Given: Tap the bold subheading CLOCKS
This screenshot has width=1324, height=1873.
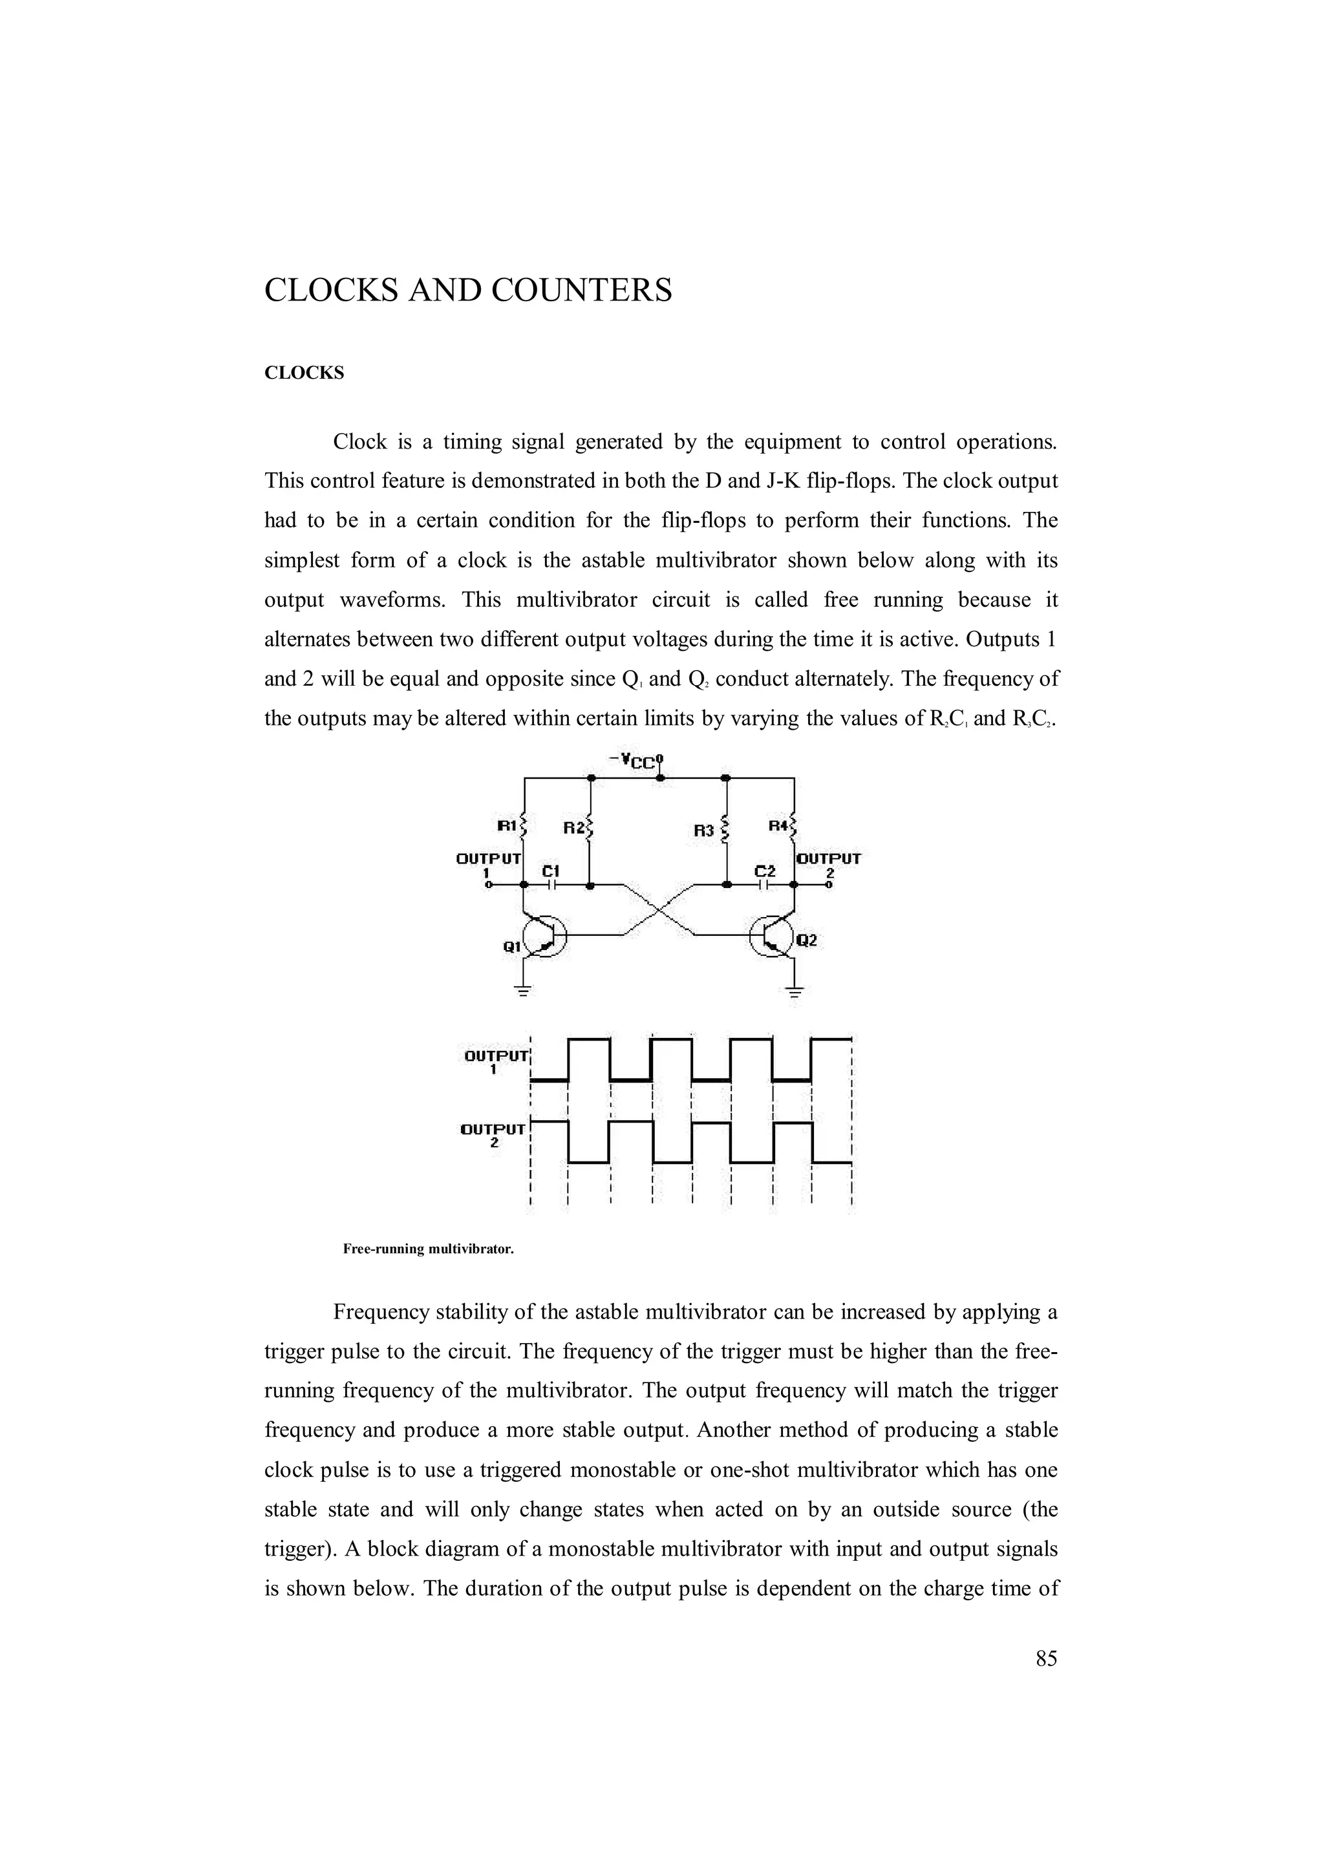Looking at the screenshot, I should click(x=304, y=374).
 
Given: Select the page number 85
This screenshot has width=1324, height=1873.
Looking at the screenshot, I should click(x=1046, y=1658).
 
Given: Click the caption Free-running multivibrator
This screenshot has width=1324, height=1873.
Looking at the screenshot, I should click(x=428, y=1249).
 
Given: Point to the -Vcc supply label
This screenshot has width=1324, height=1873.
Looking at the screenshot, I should click(x=634, y=762).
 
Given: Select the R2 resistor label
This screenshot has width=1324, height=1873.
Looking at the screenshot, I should click(x=574, y=828).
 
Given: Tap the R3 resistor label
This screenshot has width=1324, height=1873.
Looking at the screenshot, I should click(x=704, y=831).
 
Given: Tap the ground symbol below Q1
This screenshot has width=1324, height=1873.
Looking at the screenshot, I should click(x=523, y=991).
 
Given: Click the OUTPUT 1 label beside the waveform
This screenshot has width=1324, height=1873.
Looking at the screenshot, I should click(x=495, y=1061).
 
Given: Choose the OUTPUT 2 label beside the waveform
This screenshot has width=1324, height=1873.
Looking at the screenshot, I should click(x=493, y=1136).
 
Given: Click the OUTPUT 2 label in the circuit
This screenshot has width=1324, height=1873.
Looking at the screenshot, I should click(x=829, y=864).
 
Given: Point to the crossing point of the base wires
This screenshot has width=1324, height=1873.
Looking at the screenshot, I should click(x=659, y=909).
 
